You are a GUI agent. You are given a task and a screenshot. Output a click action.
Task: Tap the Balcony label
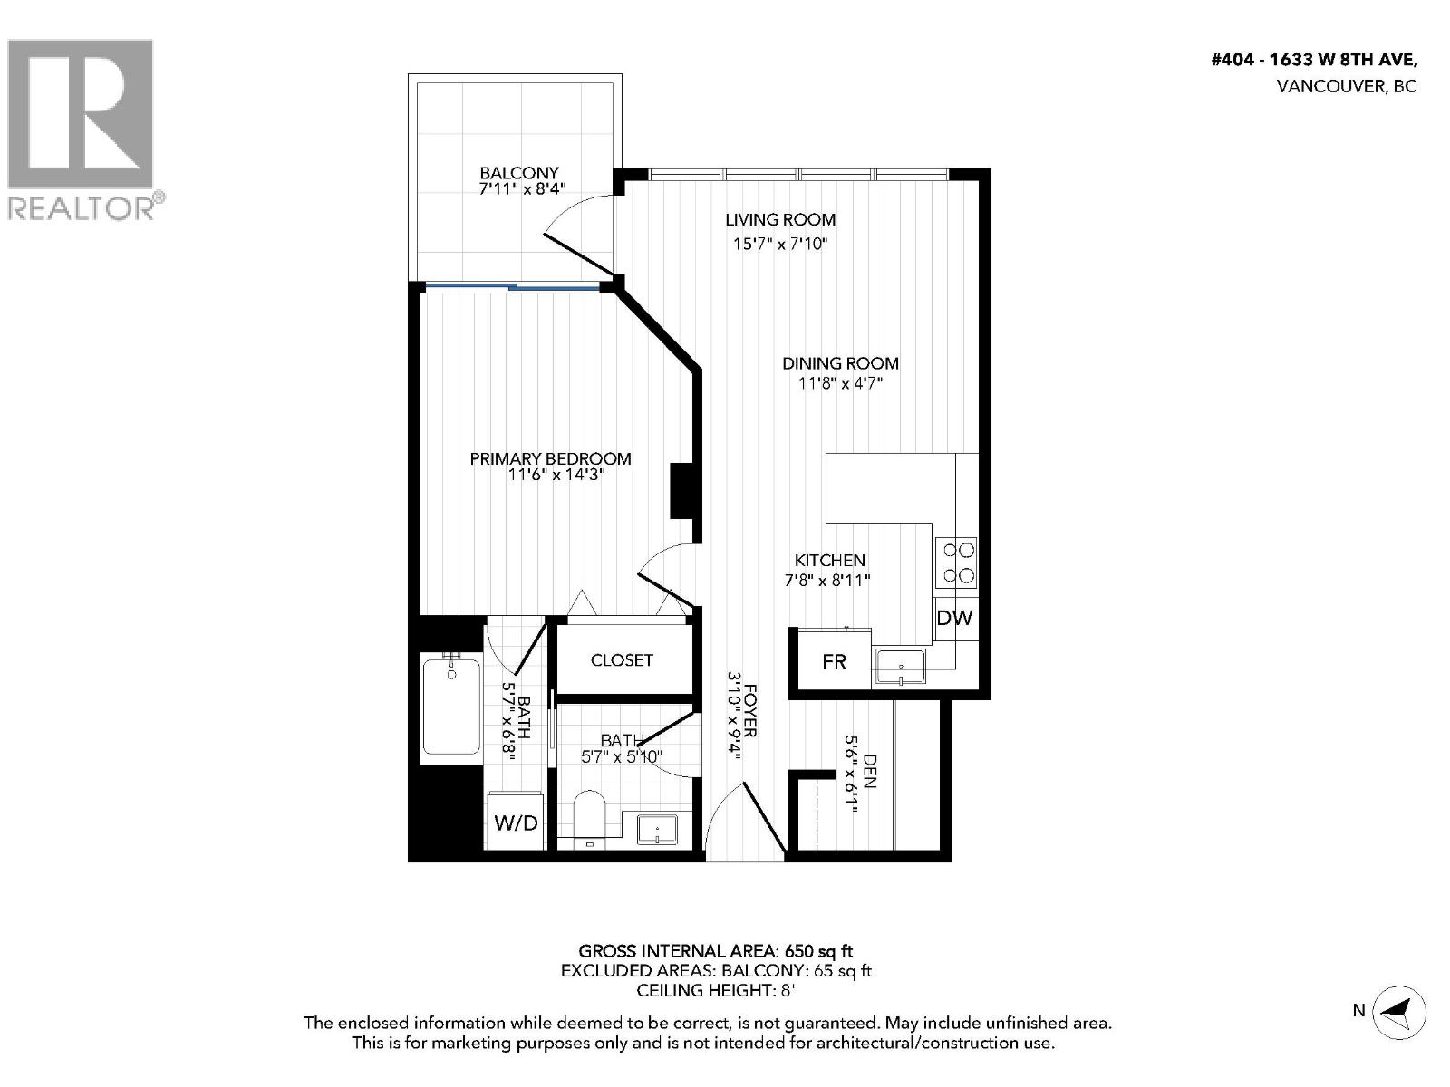point(518,173)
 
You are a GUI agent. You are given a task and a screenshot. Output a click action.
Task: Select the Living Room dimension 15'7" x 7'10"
point(779,244)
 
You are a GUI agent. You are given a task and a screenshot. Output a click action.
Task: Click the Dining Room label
point(840,363)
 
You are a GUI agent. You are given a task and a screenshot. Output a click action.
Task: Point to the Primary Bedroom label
point(550,459)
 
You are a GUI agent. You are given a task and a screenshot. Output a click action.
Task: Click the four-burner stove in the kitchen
point(956,563)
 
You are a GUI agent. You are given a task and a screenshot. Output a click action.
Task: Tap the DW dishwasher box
point(954,619)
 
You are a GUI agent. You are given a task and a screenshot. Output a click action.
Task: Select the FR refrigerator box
point(834,662)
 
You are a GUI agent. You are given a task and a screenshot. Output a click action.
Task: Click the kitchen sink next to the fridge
point(900,668)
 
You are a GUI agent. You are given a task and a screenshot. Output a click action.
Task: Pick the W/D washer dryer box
point(516,822)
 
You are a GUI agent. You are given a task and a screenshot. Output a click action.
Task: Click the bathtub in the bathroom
point(450,707)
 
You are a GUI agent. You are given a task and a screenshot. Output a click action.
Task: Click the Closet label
point(622,660)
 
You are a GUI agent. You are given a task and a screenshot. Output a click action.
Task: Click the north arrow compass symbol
point(1398,1010)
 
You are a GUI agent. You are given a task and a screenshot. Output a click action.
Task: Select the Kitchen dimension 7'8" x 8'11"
point(827,581)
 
